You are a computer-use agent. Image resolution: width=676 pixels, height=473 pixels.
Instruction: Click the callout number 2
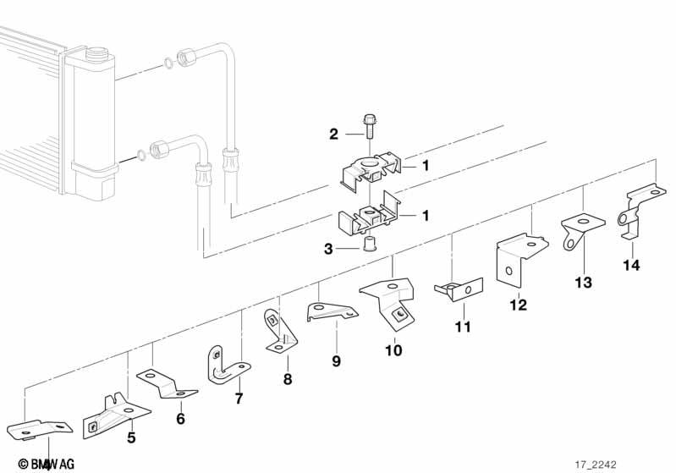pos(333,134)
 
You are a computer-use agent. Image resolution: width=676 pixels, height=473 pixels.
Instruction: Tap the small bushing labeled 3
pos(369,246)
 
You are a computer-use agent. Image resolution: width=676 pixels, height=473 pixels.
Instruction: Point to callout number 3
pos(328,248)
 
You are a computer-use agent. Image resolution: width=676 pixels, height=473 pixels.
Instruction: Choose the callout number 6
pos(180,418)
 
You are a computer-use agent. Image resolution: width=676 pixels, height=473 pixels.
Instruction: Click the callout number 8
pos(287,379)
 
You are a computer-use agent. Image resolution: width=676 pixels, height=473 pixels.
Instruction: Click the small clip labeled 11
pos(458,289)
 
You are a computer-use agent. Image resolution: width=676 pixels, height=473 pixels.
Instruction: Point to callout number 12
pos(518,305)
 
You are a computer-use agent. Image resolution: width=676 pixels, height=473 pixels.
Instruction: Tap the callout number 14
pos(632,266)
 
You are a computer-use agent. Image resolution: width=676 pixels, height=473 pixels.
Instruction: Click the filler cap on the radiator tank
pos(88,56)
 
